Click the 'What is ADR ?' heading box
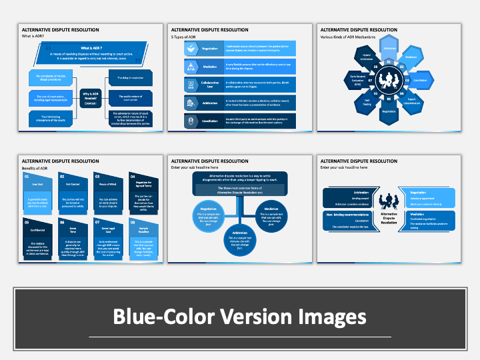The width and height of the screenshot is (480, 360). pos(91,49)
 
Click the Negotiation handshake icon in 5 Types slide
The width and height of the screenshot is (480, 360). pos(191,49)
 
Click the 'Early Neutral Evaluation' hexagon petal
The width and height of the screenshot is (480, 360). pos(357,80)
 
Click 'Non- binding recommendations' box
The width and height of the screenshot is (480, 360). pos(347,219)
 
